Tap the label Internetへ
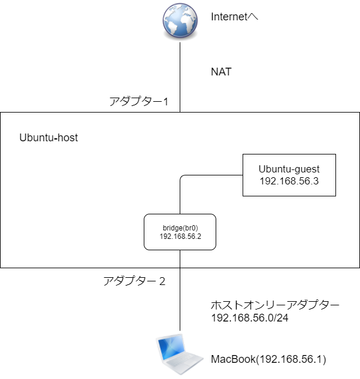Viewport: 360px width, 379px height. point(234,17)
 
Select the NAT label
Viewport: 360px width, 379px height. point(220,72)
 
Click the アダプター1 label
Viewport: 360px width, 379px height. point(138,101)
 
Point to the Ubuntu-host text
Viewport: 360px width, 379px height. point(49,138)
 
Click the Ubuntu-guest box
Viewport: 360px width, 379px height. point(289,175)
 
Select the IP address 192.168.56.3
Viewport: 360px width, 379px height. point(289,181)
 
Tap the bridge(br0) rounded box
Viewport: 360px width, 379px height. point(180,232)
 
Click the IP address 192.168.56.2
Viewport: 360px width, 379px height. point(180,237)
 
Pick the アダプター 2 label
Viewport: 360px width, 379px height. point(134,281)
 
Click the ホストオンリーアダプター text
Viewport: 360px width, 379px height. point(275,305)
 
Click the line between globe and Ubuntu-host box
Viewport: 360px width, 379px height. point(180,78)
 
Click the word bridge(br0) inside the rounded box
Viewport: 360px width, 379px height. point(180,228)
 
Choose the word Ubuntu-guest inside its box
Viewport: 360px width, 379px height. point(289,169)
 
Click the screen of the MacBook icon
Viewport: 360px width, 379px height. point(174,350)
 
